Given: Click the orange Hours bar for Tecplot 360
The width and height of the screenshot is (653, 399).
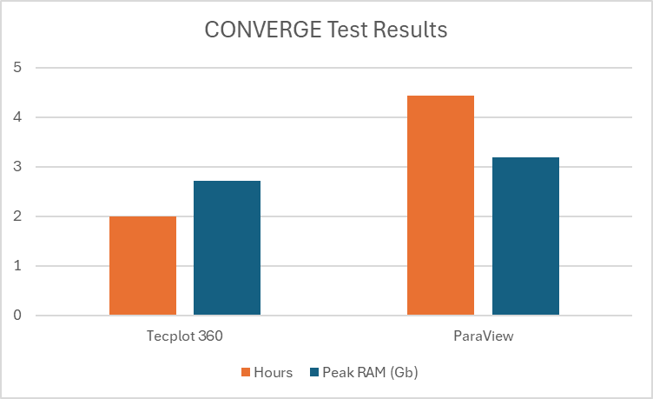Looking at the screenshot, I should [x=142, y=265].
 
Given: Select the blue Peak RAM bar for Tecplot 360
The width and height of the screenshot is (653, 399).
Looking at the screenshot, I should [x=227, y=248].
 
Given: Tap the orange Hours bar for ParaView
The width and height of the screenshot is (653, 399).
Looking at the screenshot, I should [x=440, y=205].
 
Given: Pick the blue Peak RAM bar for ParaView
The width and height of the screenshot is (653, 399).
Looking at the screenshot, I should [x=525, y=236].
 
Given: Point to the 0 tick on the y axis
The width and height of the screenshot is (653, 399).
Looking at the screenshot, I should [x=17, y=316].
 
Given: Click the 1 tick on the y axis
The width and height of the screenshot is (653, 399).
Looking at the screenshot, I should [x=17, y=266].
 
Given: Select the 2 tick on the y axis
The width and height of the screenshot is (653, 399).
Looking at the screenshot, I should [x=17, y=216].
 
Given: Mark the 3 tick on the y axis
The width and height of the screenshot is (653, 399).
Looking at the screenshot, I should [x=17, y=167].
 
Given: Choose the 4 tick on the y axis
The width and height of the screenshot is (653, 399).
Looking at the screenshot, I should [x=17, y=117].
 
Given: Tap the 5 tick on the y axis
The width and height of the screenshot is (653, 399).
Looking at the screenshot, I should [x=17, y=68].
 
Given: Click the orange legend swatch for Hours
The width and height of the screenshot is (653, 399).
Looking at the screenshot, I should [x=246, y=372].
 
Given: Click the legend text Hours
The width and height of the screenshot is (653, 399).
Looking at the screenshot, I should [x=274, y=372].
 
